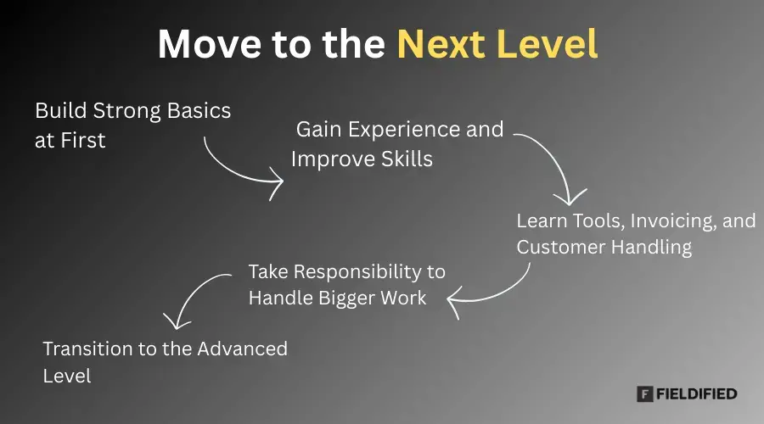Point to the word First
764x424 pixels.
(83, 141)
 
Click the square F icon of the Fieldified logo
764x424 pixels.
(644, 393)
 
